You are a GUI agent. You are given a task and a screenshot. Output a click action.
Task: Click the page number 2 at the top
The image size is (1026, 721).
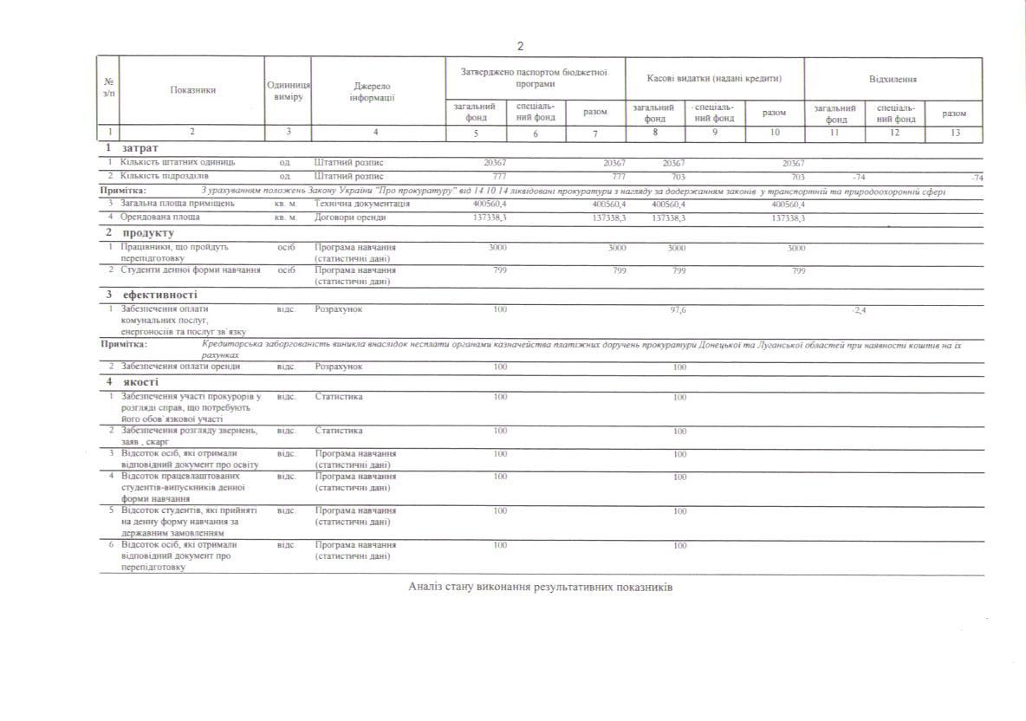[x=521, y=46]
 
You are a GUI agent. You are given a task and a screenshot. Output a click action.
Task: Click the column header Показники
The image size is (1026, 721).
[x=192, y=90]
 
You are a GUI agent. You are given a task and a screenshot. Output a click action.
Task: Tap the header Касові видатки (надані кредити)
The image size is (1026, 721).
[x=714, y=79]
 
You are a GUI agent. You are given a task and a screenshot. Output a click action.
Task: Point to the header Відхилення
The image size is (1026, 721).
[x=893, y=79]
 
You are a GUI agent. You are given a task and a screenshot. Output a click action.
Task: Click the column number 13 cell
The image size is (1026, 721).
[x=953, y=133]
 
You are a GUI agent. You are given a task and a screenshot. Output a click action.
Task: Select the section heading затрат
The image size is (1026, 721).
[x=140, y=148]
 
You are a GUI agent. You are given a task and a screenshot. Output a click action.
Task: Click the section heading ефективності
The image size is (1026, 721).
[x=159, y=295]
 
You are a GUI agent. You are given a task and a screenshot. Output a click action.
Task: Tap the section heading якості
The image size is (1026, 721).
[x=139, y=382]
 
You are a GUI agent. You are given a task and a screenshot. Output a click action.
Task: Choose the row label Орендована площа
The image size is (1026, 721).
[x=160, y=218]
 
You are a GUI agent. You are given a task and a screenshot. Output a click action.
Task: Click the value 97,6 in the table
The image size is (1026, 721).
[x=679, y=309]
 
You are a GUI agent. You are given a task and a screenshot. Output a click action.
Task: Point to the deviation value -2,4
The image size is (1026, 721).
[x=859, y=309]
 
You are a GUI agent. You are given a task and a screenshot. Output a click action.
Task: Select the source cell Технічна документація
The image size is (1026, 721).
[x=362, y=204]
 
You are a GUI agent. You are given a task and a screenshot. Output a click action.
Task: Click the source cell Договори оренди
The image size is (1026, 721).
[x=349, y=218]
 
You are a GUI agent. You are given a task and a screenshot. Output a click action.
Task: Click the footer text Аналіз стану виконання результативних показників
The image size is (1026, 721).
[x=540, y=587]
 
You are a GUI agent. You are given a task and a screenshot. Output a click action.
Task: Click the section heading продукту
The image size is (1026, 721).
[x=148, y=233]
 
